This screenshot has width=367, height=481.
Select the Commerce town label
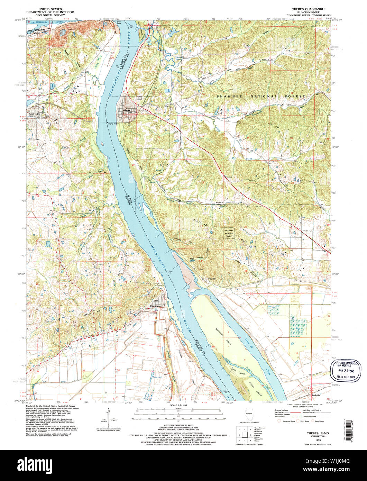[156, 306]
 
